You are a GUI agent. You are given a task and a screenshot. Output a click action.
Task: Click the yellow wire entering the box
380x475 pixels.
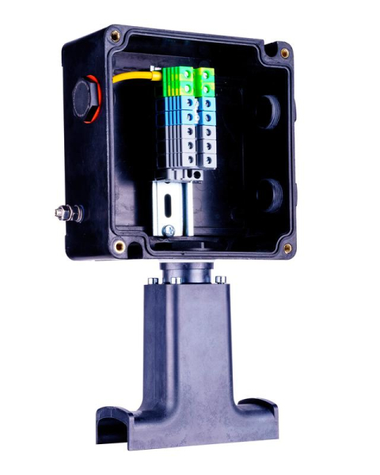coord(135,78)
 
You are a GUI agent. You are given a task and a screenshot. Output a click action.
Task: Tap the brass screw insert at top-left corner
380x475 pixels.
coord(116,35)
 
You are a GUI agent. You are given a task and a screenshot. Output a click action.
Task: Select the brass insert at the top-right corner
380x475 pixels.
coord(284,53)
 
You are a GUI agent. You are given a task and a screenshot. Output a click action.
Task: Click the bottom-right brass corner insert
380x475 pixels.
coord(287,248)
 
